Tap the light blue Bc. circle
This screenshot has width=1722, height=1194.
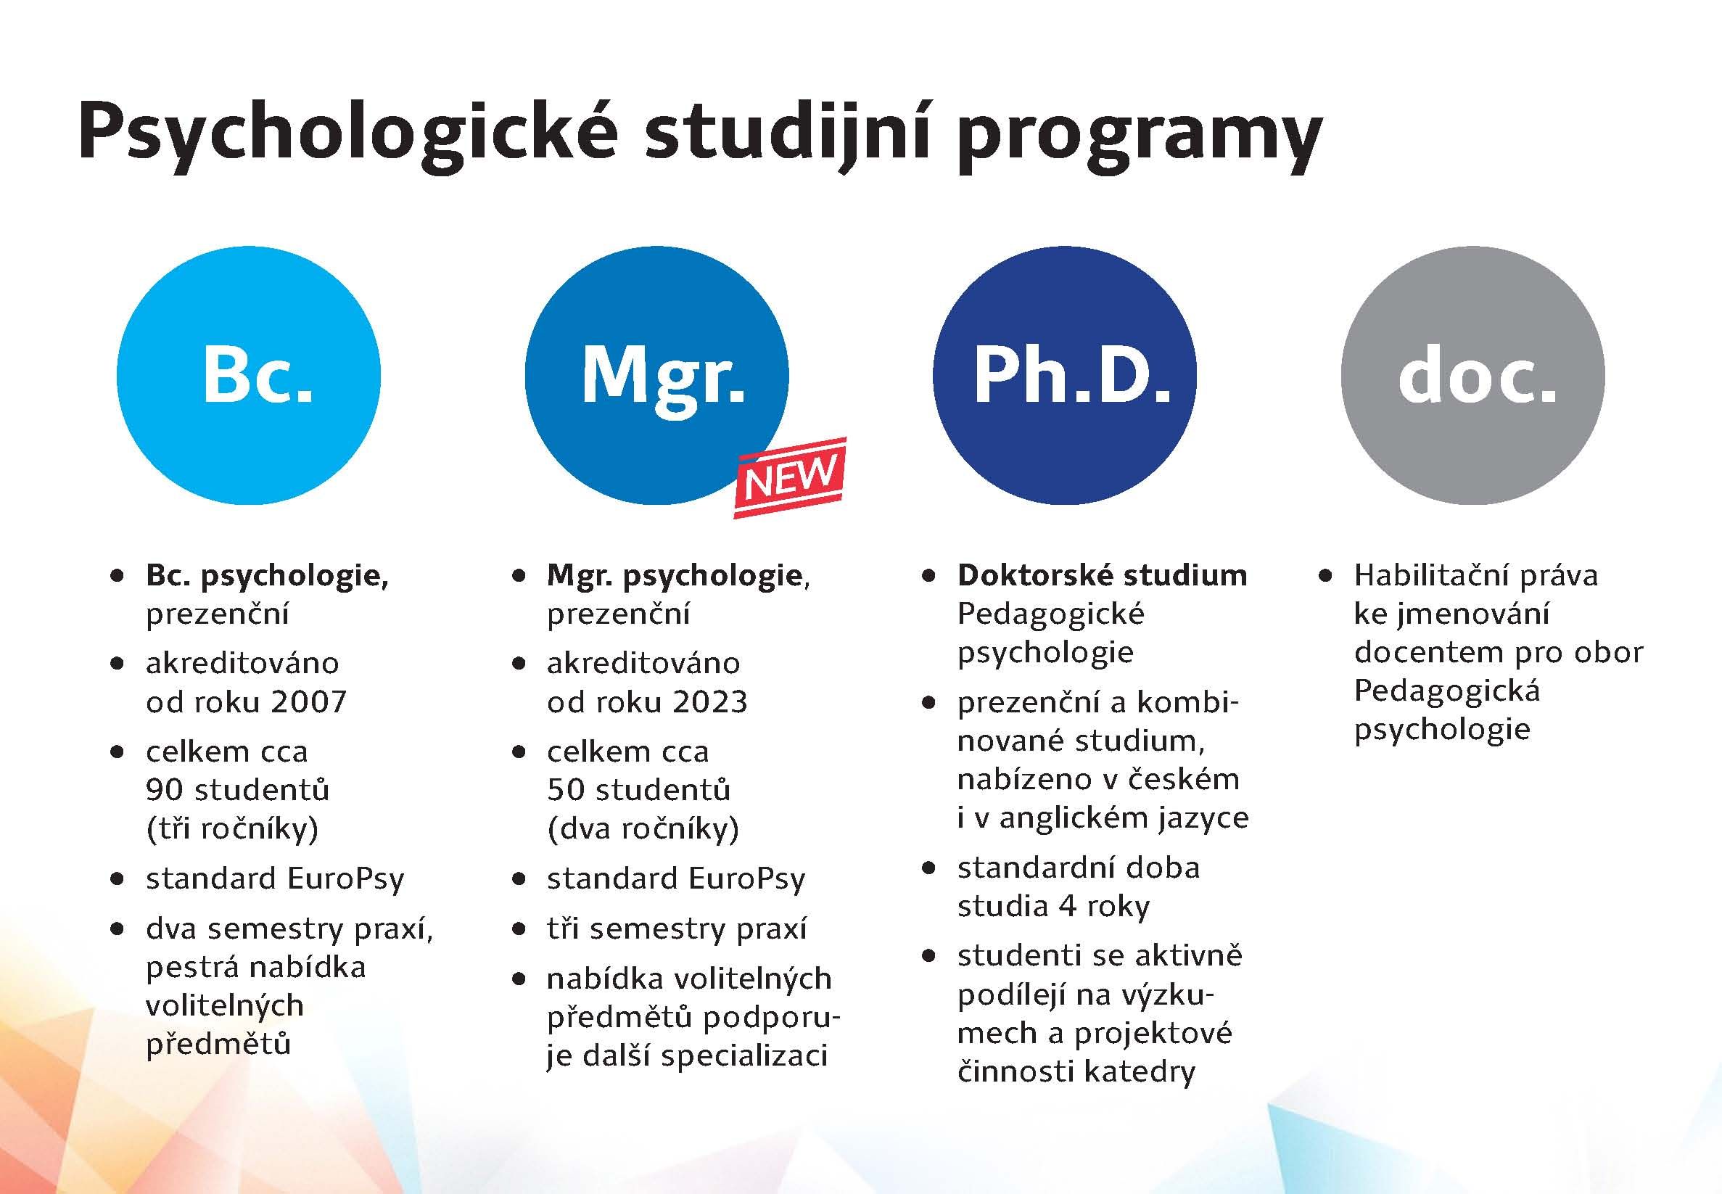pyautogui.click(x=249, y=374)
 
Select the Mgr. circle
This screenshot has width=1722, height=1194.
pyautogui.click(x=656, y=374)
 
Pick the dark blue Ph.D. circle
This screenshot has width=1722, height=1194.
pyautogui.click(x=1065, y=374)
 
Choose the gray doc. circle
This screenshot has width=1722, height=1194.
pyautogui.click(x=1473, y=374)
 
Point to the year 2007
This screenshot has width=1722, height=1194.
pyautogui.click(x=309, y=701)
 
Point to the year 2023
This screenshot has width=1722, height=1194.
pyautogui.click(x=710, y=701)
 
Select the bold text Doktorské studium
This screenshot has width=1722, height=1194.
pyautogui.click(x=1103, y=575)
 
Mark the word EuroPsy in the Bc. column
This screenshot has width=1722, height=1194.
pyautogui.click(x=345, y=878)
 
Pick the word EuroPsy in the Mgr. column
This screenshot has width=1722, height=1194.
pyautogui.click(x=746, y=878)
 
